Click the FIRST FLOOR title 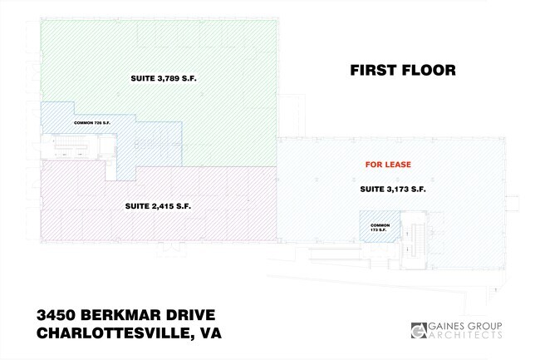(x=403, y=71)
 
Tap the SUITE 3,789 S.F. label (x=164, y=78)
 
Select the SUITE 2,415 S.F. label (x=158, y=206)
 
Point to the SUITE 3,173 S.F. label (x=393, y=189)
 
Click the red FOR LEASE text (x=388, y=165)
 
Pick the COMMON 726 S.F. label (x=92, y=123)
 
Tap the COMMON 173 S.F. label (x=380, y=227)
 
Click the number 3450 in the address (x=56, y=315)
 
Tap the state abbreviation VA (x=210, y=333)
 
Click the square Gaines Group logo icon (x=419, y=330)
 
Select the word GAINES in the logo (x=447, y=326)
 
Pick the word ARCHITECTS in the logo (x=465, y=335)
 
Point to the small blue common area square (x=380, y=226)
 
